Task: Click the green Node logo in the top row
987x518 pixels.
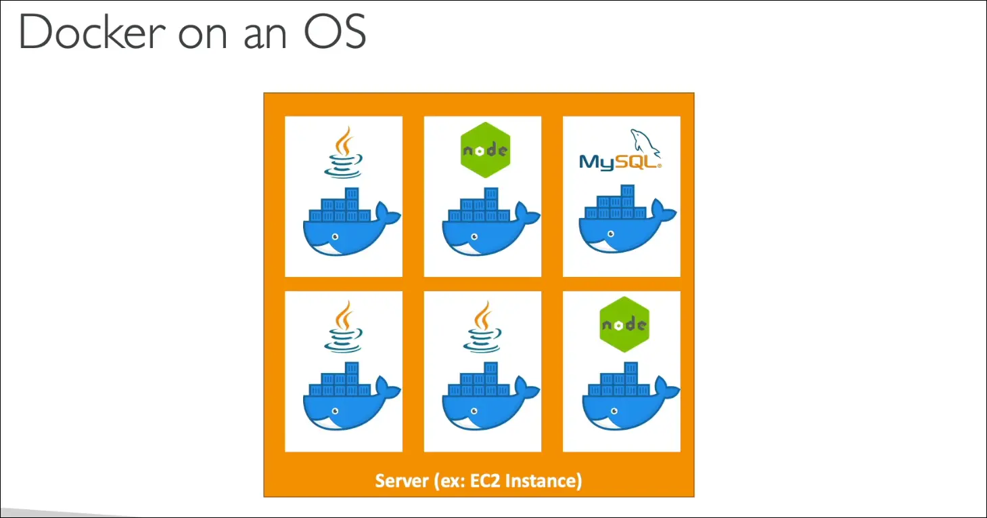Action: click(x=484, y=150)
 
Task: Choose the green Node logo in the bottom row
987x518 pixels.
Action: click(x=624, y=324)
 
